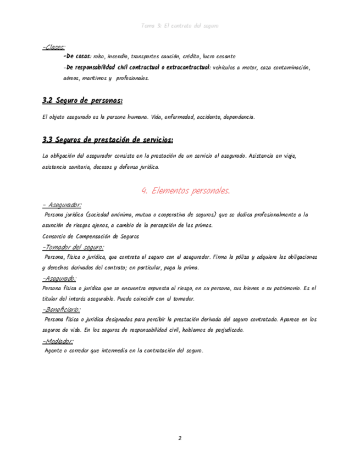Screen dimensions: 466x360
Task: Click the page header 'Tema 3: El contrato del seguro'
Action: (180, 25)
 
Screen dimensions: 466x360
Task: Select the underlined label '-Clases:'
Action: (53, 47)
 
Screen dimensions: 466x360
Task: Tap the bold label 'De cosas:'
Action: (79, 57)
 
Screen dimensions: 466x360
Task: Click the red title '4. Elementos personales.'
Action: (185, 191)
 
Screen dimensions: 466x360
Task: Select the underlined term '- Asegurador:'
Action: (62, 205)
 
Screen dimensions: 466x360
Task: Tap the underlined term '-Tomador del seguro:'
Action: (73, 247)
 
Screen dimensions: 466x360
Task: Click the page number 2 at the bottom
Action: (180, 438)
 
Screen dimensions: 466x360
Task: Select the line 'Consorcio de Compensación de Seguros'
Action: (91, 236)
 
